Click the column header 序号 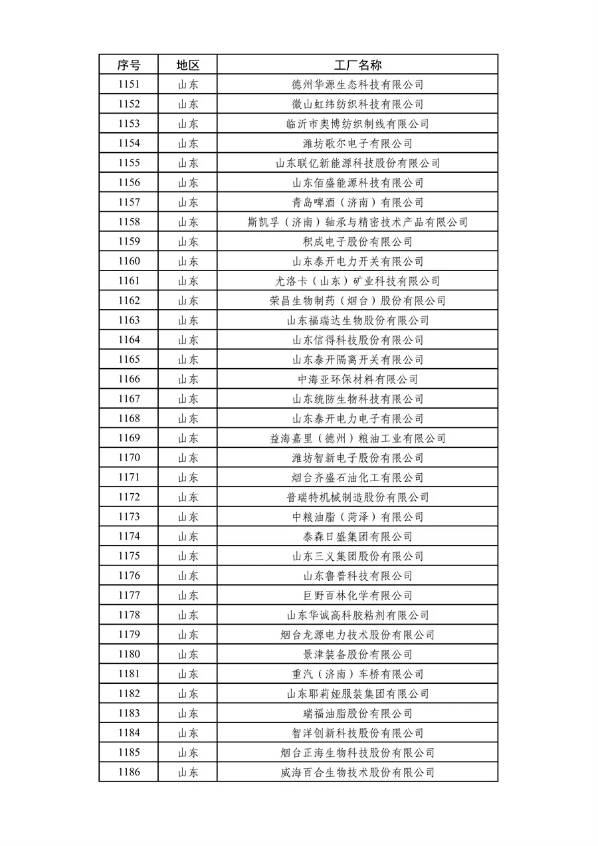click(129, 65)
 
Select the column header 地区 click(187, 65)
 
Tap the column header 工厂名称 click(357, 65)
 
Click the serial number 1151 click(129, 84)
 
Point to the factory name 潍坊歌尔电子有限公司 click(357, 144)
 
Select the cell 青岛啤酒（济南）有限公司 click(357, 203)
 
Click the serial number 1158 click(129, 222)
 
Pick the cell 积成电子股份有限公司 click(357, 242)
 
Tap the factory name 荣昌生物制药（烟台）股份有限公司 click(357, 300)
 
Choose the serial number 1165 click(129, 360)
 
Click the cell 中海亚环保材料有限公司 click(357, 379)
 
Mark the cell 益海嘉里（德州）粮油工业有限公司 click(357, 438)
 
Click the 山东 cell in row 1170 click(187, 458)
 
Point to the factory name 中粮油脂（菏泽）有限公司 click(357, 517)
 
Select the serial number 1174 click(129, 536)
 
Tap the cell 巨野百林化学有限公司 click(357, 595)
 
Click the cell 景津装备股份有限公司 click(357, 655)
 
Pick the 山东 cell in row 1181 click(187, 674)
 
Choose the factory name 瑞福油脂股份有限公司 click(357, 713)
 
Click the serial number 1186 click(129, 772)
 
